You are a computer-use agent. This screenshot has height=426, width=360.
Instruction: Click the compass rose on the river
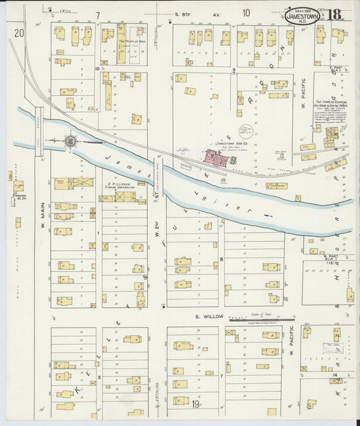(x=70, y=141)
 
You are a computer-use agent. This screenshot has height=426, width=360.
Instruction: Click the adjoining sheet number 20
(x=18, y=32)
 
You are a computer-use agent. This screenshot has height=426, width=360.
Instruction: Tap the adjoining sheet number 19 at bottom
(x=195, y=404)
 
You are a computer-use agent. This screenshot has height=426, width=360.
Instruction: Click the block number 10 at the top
(x=246, y=12)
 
